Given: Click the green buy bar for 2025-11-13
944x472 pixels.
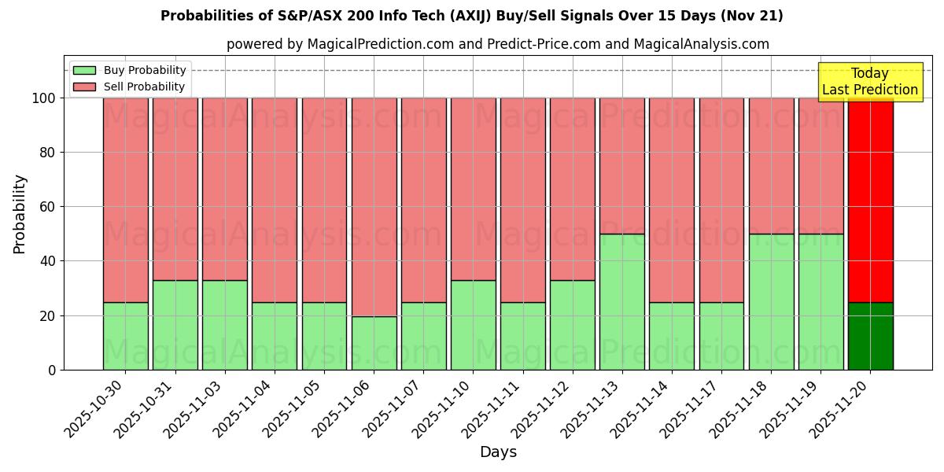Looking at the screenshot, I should (621, 302).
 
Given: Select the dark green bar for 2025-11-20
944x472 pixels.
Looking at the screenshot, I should (870, 336).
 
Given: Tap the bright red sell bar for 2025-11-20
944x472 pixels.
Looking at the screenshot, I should (870, 200).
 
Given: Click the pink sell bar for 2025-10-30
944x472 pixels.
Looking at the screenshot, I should (125, 200).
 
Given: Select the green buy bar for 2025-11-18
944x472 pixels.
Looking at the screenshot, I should (771, 302).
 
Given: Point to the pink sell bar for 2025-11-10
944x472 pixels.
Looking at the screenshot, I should (473, 189).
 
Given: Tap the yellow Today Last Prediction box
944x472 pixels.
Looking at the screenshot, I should (870, 82).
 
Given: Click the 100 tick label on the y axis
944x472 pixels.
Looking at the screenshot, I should (42, 98).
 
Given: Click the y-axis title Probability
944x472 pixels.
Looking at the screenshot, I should (20, 214).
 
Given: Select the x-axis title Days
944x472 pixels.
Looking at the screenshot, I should (498, 452).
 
